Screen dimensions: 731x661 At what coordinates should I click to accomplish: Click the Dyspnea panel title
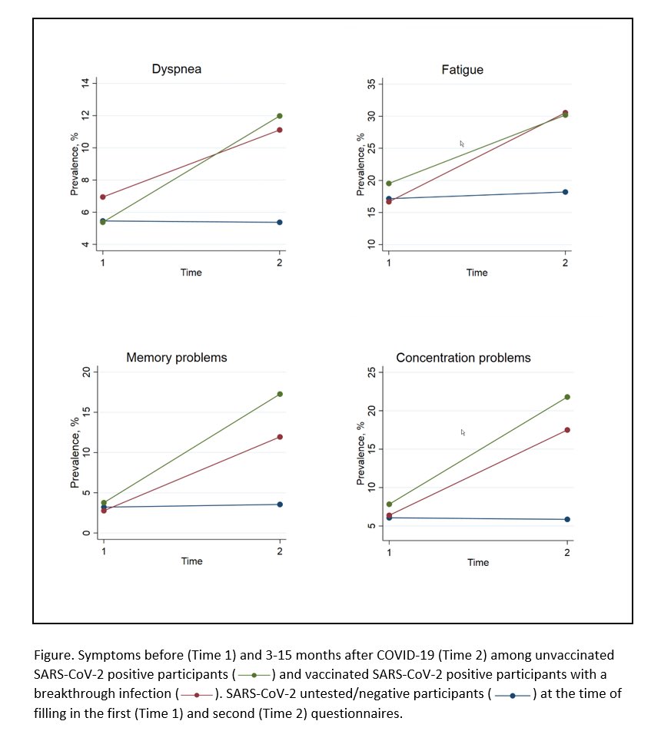(x=177, y=70)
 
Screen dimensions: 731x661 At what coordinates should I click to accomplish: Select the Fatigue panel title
(x=462, y=70)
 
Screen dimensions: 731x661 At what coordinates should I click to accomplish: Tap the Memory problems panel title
(x=177, y=358)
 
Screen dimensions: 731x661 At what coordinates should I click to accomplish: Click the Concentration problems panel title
(x=463, y=358)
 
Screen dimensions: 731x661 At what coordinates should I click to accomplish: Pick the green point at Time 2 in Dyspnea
(x=280, y=116)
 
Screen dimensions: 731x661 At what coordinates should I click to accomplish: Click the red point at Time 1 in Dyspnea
(x=103, y=197)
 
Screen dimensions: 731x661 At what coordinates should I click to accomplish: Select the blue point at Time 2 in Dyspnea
(x=280, y=223)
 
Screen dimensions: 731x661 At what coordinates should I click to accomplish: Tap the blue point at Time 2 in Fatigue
(x=566, y=192)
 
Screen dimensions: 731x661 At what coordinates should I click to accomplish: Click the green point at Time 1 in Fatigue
(x=389, y=184)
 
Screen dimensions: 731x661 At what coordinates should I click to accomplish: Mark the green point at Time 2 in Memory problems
(x=280, y=394)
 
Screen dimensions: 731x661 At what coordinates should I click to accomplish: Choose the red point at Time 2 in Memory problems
(x=280, y=437)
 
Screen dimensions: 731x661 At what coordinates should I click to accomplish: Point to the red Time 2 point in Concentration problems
(x=567, y=430)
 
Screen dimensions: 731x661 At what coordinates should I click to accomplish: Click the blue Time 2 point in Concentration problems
(x=567, y=519)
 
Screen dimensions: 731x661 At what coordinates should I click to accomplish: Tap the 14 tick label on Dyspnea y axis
(x=86, y=83)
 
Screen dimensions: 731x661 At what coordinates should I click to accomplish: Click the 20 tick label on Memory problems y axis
(x=86, y=372)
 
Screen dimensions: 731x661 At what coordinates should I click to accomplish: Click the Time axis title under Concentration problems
(x=477, y=563)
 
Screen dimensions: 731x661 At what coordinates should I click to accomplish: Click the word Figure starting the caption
(x=51, y=656)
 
